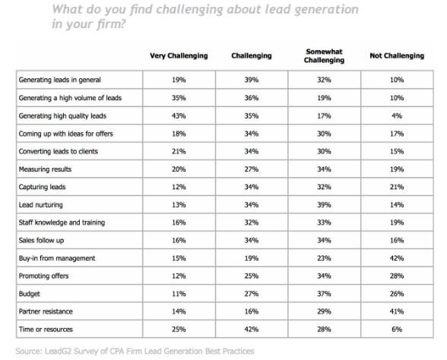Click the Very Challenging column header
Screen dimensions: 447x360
pyautogui.click(x=179, y=56)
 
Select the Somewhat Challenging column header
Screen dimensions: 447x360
pyautogui.click(x=324, y=56)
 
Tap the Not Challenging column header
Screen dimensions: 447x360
pyautogui.click(x=397, y=56)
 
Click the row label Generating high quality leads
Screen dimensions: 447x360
pyautogui.click(x=62, y=116)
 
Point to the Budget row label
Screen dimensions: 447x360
pyautogui.click(x=30, y=294)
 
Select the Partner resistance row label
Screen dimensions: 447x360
pyautogui.click(x=46, y=311)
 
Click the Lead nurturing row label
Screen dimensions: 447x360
pyautogui.click(x=41, y=205)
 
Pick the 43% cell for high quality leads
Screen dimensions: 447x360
pyautogui.click(x=179, y=116)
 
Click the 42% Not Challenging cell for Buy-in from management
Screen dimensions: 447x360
pyautogui.click(x=397, y=258)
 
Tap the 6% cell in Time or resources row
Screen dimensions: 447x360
pyautogui.click(x=397, y=330)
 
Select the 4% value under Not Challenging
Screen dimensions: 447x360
pyautogui.click(x=397, y=116)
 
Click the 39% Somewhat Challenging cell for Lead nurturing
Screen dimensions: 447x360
pyautogui.click(x=324, y=205)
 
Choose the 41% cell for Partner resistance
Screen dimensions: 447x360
pyautogui.click(x=397, y=311)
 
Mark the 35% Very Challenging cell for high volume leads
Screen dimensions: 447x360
pyautogui.click(x=179, y=98)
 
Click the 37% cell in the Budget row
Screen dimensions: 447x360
pyautogui.click(x=324, y=294)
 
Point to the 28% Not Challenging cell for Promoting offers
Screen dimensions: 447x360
pyautogui.click(x=397, y=276)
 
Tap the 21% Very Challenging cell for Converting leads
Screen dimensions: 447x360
pyautogui.click(x=179, y=151)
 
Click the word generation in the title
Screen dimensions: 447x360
pyautogui.click(x=326, y=10)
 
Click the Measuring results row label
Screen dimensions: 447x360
pyautogui.click(x=45, y=169)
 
